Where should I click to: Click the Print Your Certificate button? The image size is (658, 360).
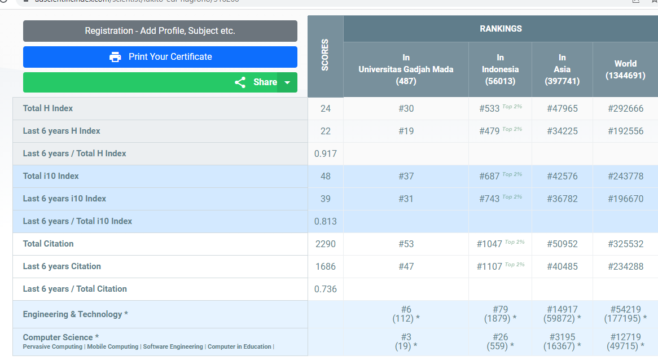(x=160, y=57)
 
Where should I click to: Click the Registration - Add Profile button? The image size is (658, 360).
(x=160, y=31)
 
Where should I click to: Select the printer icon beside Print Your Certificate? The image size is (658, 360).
(x=115, y=57)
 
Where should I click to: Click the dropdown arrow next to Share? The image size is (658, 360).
(x=287, y=82)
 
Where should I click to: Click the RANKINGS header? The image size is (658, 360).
(x=501, y=29)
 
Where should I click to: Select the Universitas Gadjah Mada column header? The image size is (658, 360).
(x=406, y=69)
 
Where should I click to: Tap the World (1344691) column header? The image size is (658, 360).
(x=625, y=69)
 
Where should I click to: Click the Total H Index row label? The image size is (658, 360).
(x=48, y=108)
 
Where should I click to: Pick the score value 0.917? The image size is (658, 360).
(x=326, y=153)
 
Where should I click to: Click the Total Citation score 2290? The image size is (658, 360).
(x=326, y=244)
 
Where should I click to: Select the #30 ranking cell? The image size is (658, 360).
(x=406, y=108)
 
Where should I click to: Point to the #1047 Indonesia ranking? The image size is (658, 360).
(x=489, y=244)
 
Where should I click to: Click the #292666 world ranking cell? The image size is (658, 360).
(x=625, y=108)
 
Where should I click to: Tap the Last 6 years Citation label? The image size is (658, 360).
(x=62, y=266)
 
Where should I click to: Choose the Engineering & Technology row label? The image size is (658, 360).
(x=76, y=314)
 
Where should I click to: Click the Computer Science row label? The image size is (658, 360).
(x=61, y=337)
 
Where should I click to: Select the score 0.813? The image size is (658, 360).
(x=326, y=221)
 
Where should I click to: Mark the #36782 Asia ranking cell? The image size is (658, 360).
(x=562, y=199)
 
